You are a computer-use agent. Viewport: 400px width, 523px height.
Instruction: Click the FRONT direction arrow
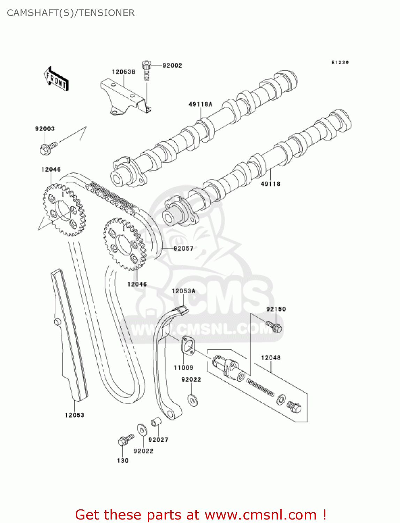(56, 79)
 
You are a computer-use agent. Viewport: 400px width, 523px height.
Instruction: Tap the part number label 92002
(172, 65)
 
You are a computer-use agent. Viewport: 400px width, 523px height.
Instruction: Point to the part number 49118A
(201, 104)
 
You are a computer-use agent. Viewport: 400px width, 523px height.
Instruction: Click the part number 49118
(270, 184)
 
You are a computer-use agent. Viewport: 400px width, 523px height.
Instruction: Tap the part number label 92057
(183, 248)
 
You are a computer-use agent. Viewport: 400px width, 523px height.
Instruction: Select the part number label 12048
(271, 358)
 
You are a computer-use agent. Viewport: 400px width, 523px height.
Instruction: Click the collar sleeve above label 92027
(156, 422)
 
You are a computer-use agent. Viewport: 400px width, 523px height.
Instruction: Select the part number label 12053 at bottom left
(74, 415)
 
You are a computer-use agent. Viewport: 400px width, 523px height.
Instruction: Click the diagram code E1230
(340, 62)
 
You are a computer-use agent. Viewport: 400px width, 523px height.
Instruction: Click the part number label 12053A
(183, 291)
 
